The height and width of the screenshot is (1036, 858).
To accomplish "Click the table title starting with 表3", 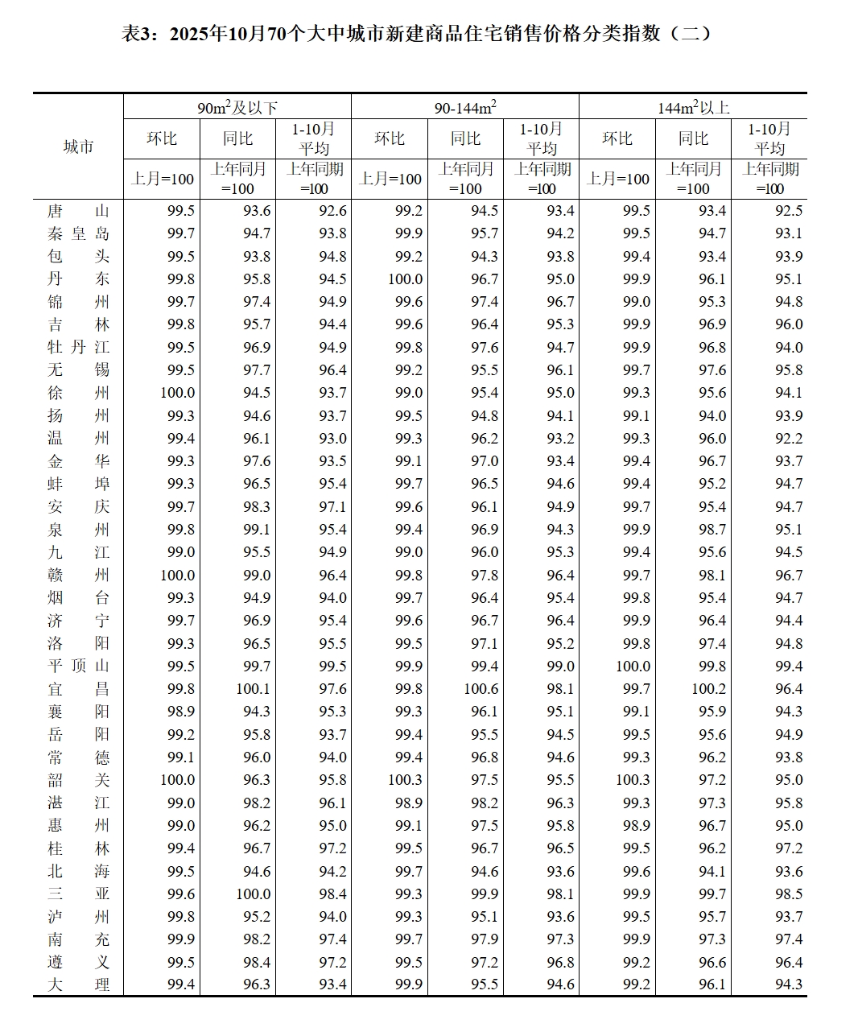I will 417,33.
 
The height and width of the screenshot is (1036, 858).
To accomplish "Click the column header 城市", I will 78,147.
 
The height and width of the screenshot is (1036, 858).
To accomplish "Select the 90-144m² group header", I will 465,107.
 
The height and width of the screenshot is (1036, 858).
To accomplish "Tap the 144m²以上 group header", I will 693,107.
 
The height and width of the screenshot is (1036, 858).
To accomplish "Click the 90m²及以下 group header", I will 237,107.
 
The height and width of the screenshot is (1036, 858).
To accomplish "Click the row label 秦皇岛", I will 78,233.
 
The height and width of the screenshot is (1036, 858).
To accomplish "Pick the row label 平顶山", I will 78,667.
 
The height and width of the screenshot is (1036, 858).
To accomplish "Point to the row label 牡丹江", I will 78,348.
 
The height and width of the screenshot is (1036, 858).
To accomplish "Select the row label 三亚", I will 78,894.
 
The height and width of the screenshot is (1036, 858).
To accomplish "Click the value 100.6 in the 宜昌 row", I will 481,689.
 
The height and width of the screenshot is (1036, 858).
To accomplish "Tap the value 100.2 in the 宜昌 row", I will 708,689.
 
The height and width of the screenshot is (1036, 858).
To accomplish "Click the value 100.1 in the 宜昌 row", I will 253,689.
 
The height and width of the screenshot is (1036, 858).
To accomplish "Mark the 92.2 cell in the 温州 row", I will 788,439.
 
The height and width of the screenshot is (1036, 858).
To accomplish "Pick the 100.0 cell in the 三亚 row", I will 253,894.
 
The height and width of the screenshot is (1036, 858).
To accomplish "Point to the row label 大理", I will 78,985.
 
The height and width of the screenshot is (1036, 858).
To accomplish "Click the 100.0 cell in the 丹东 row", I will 405,279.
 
